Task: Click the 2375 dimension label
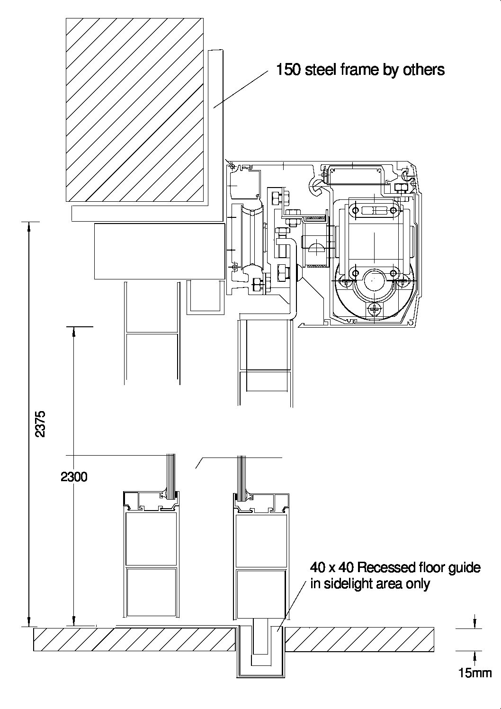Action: pyautogui.click(x=40, y=424)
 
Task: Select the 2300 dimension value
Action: pyautogui.click(x=74, y=476)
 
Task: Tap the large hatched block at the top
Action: pyautogui.click(x=134, y=110)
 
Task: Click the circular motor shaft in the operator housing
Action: pyautogui.click(x=374, y=280)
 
